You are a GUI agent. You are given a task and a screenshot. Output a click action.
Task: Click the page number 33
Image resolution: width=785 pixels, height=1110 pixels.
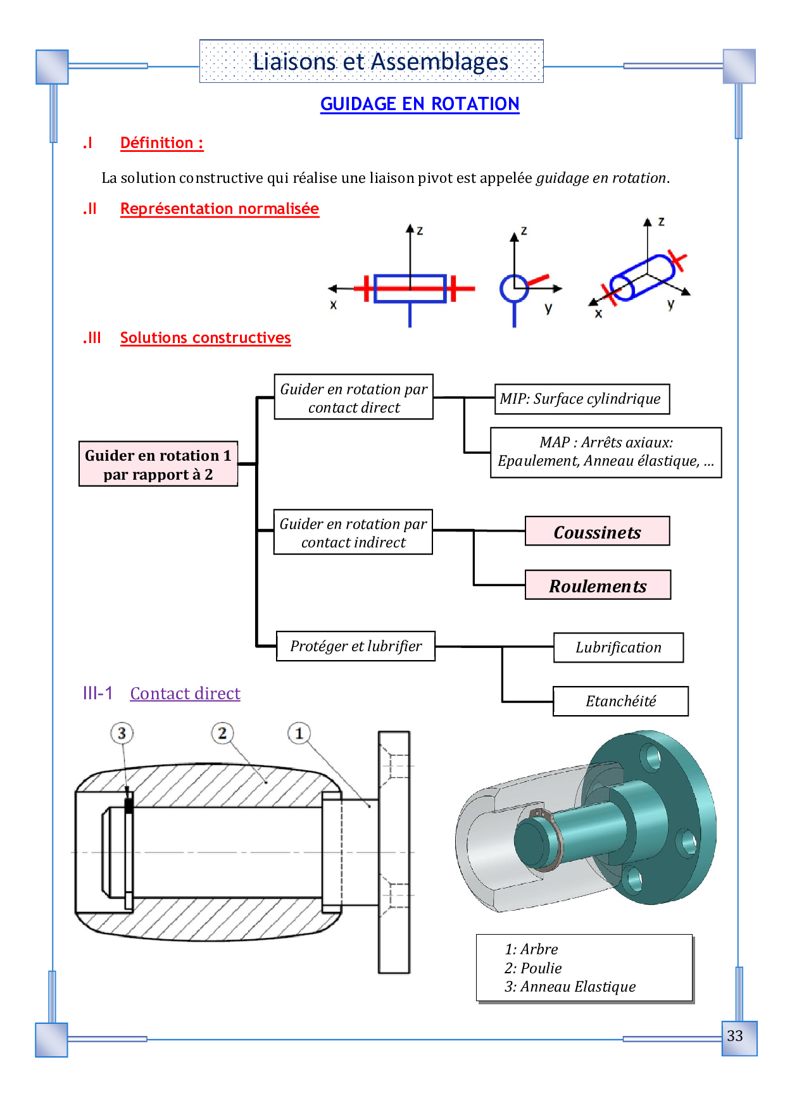click(x=734, y=1036)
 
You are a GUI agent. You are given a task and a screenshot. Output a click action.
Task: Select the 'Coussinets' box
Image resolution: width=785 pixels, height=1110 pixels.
click(x=597, y=532)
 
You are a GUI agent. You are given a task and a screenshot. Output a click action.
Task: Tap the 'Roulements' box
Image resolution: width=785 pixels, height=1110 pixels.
click(x=598, y=585)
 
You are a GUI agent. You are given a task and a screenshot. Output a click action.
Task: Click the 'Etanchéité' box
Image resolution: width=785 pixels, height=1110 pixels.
click(x=620, y=701)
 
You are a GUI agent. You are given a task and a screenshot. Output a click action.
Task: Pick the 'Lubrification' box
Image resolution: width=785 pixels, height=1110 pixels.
click(x=619, y=647)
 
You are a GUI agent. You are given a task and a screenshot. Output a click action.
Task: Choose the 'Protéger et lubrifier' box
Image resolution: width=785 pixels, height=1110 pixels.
click(x=356, y=646)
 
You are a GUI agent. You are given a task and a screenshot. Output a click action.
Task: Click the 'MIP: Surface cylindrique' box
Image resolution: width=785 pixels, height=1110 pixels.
click(x=581, y=399)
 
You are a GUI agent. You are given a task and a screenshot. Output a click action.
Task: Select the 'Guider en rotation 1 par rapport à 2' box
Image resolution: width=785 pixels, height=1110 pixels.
click(x=158, y=465)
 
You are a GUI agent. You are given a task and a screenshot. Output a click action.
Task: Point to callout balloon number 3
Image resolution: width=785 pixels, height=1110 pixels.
click(x=122, y=733)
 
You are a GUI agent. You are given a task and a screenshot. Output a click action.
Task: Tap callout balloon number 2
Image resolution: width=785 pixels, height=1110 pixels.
click(x=222, y=733)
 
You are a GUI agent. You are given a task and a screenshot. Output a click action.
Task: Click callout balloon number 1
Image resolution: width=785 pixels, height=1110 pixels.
click(x=299, y=733)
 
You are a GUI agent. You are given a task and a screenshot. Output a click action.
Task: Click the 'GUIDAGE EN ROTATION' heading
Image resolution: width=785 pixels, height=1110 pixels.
click(x=420, y=104)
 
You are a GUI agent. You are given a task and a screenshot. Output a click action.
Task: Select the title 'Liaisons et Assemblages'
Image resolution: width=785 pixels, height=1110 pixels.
click(x=380, y=61)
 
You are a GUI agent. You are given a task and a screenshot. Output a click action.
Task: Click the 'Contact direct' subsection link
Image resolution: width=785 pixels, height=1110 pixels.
click(x=185, y=694)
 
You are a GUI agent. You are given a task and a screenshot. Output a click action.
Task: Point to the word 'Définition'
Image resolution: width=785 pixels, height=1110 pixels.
click(x=157, y=143)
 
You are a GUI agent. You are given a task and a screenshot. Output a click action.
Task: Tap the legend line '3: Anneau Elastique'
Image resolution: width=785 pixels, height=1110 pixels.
click(x=570, y=987)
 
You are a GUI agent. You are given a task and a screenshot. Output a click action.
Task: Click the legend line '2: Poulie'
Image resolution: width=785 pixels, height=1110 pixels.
click(x=533, y=968)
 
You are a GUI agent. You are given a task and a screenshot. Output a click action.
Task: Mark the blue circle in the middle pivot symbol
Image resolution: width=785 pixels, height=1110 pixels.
click(x=513, y=289)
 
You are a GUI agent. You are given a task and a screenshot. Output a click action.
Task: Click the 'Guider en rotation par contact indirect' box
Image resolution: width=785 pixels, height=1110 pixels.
click(x=353, y=533)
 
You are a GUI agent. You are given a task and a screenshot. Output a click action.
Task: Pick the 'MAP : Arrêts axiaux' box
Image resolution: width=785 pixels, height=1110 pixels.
click(x=606, y=452)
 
